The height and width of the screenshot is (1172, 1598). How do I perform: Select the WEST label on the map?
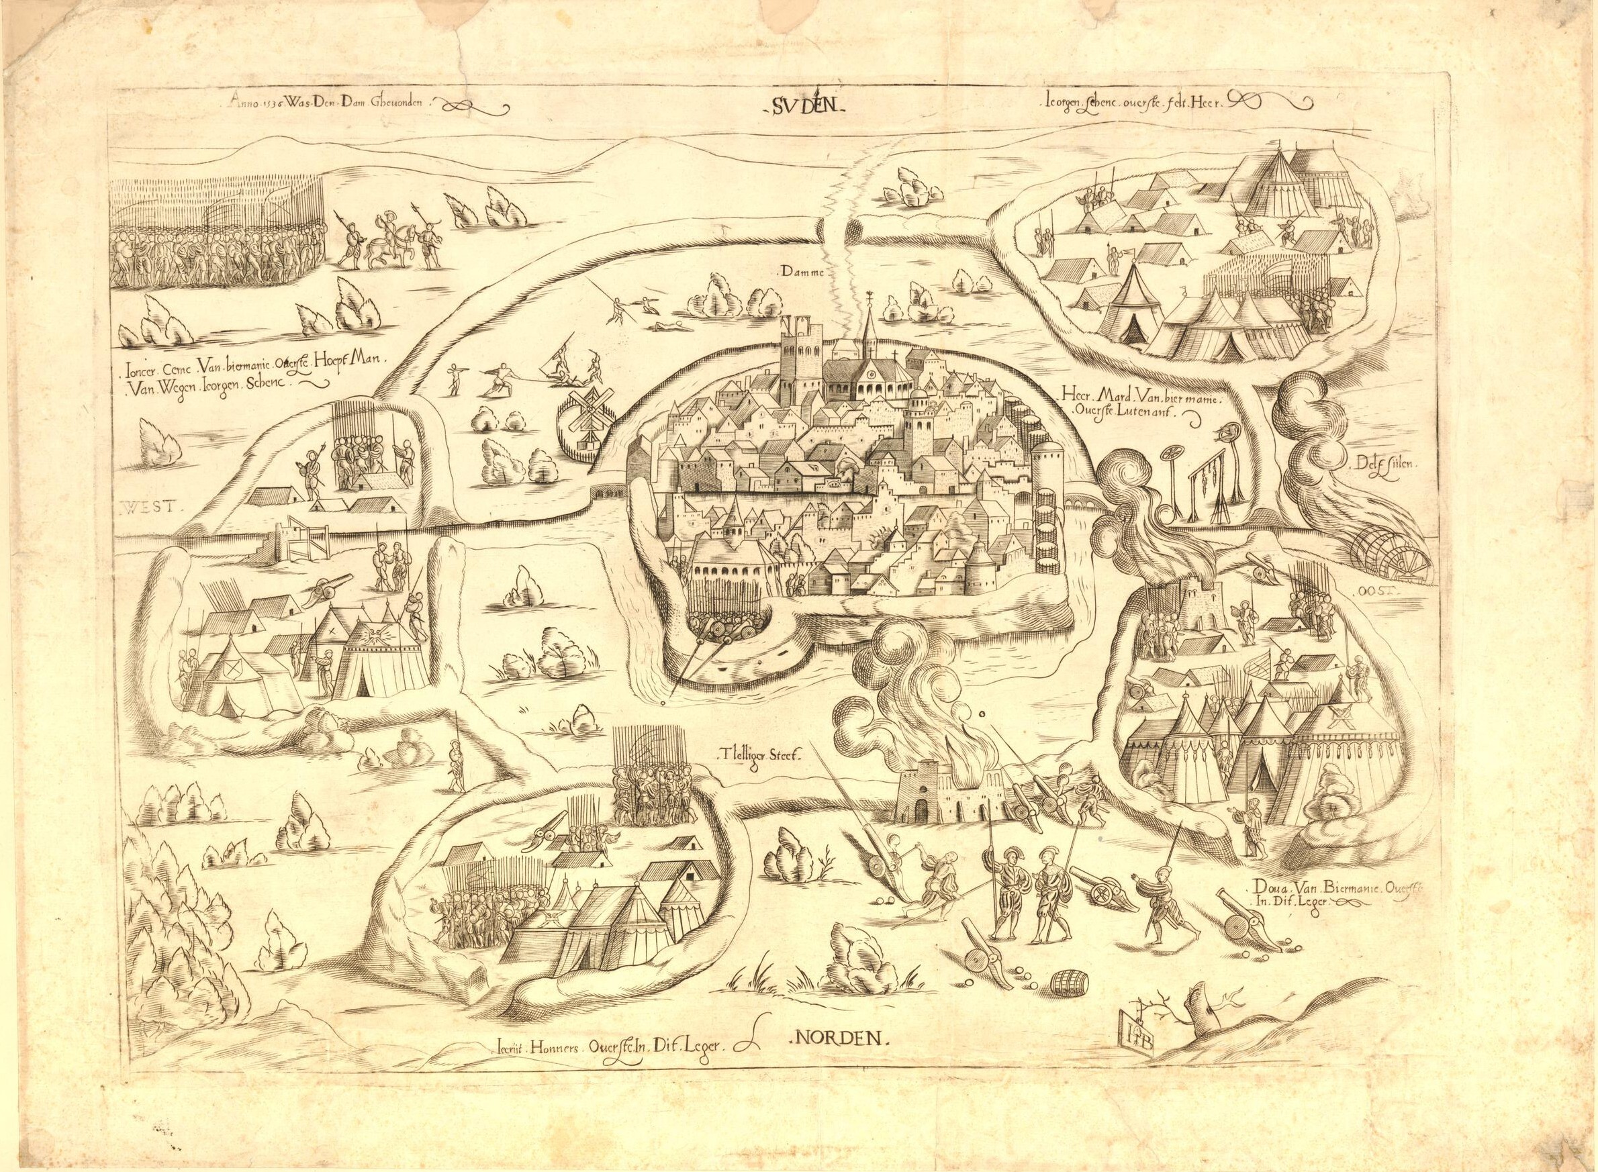click(151, 507)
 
